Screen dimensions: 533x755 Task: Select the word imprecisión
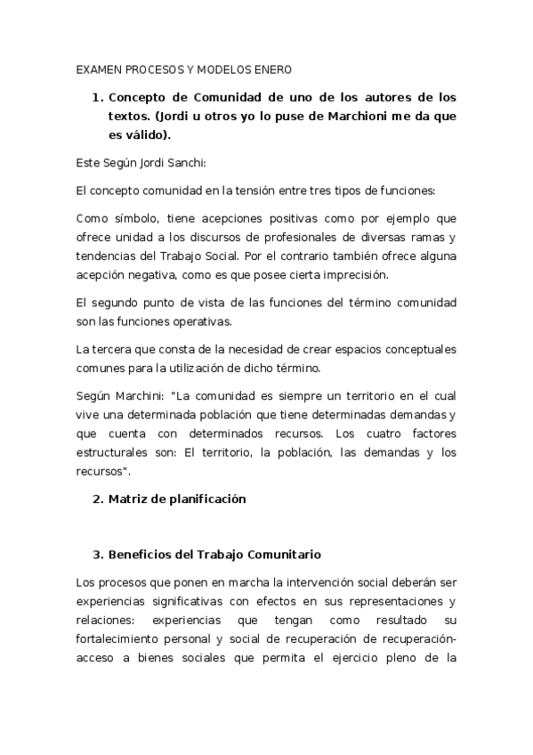368,275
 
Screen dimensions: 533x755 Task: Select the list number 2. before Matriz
99,499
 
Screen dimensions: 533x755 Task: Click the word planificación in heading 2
201,499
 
